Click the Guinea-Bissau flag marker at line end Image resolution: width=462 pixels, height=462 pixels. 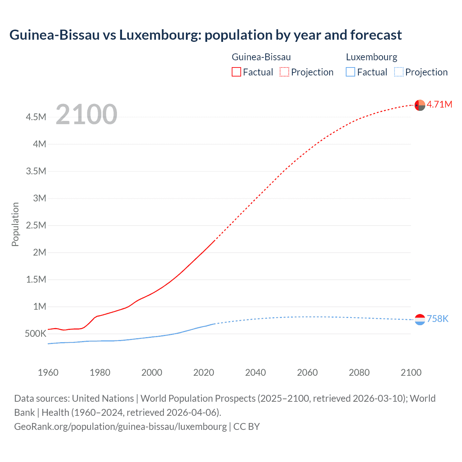420,105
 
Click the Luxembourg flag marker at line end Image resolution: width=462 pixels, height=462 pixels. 420,319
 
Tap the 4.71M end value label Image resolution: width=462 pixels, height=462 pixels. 439,104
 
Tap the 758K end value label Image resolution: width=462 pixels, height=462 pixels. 437,319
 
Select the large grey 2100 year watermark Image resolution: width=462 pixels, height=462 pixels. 86,114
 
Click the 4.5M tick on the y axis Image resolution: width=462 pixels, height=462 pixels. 36,117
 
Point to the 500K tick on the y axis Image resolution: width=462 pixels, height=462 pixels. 35,334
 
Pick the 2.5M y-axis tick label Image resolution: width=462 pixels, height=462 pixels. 36,226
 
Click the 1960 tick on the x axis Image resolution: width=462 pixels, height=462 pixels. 48,372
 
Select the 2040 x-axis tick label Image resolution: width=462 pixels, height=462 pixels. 256,372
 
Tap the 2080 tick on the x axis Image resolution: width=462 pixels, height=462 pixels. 359,372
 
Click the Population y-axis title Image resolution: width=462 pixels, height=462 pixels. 15,224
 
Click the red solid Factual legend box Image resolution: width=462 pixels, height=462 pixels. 236,72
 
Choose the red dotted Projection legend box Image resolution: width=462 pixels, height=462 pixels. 284,72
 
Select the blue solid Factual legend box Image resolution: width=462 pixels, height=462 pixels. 350,72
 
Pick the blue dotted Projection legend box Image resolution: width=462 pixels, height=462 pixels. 398,72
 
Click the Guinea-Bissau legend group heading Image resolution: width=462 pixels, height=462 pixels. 261,57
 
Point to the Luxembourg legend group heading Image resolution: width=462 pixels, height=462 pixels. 371,57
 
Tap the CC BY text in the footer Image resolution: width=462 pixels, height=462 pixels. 247,427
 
